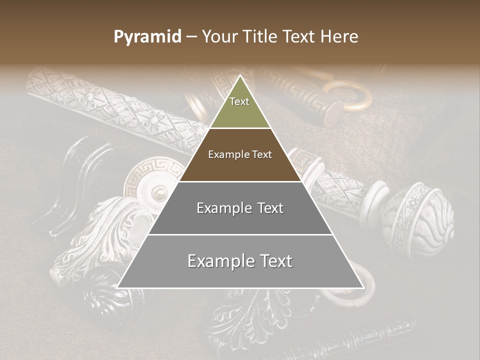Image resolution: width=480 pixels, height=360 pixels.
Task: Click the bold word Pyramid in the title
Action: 147,37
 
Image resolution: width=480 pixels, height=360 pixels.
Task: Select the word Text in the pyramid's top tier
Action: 239,101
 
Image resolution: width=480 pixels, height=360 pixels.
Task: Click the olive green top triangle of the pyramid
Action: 240,112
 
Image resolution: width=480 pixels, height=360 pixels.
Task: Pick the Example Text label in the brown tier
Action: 240,154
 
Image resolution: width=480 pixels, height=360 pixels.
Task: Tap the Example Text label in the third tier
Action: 240,208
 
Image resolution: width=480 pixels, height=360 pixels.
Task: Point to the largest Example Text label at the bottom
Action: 240,261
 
